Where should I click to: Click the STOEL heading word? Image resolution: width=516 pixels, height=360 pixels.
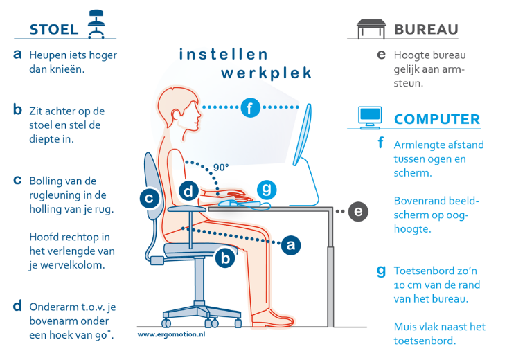(x=54, y=29)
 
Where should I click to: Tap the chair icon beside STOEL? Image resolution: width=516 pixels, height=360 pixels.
(x=96, y=24)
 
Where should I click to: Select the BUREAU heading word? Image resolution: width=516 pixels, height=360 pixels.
(x=426, y=29)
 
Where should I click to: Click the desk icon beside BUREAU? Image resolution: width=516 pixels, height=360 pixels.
(x=371, y=28)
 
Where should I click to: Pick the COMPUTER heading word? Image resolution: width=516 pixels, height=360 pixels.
(x=437, y=119)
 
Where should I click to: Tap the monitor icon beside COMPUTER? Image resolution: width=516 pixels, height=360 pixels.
(x=370, y=118)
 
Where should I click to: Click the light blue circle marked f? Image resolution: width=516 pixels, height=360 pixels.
(x=250, y=107)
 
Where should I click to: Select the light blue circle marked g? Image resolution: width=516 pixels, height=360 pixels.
(x=267, y=190)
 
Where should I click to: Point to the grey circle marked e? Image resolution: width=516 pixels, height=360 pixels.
(x=358, y=211)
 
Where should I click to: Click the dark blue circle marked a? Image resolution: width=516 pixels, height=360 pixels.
(x=291, y=245)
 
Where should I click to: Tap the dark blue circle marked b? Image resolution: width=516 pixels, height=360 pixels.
(x=225, y=258)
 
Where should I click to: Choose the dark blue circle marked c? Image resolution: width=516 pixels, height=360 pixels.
(x=150, y=199)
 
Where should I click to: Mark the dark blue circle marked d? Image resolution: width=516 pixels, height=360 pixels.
(x=188, y=191)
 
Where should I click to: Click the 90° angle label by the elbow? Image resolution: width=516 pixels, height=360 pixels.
(x=221, y=168)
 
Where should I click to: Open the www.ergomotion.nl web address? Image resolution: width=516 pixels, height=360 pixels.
(x=171, y=334)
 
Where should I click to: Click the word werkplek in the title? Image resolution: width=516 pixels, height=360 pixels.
(x=266, y=73)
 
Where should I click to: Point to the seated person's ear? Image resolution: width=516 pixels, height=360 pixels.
(x=176, y=114)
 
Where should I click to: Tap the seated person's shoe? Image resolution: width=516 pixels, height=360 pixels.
(x=272, y=318)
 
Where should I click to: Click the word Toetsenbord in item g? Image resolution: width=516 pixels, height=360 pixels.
(x=424, y=271)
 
